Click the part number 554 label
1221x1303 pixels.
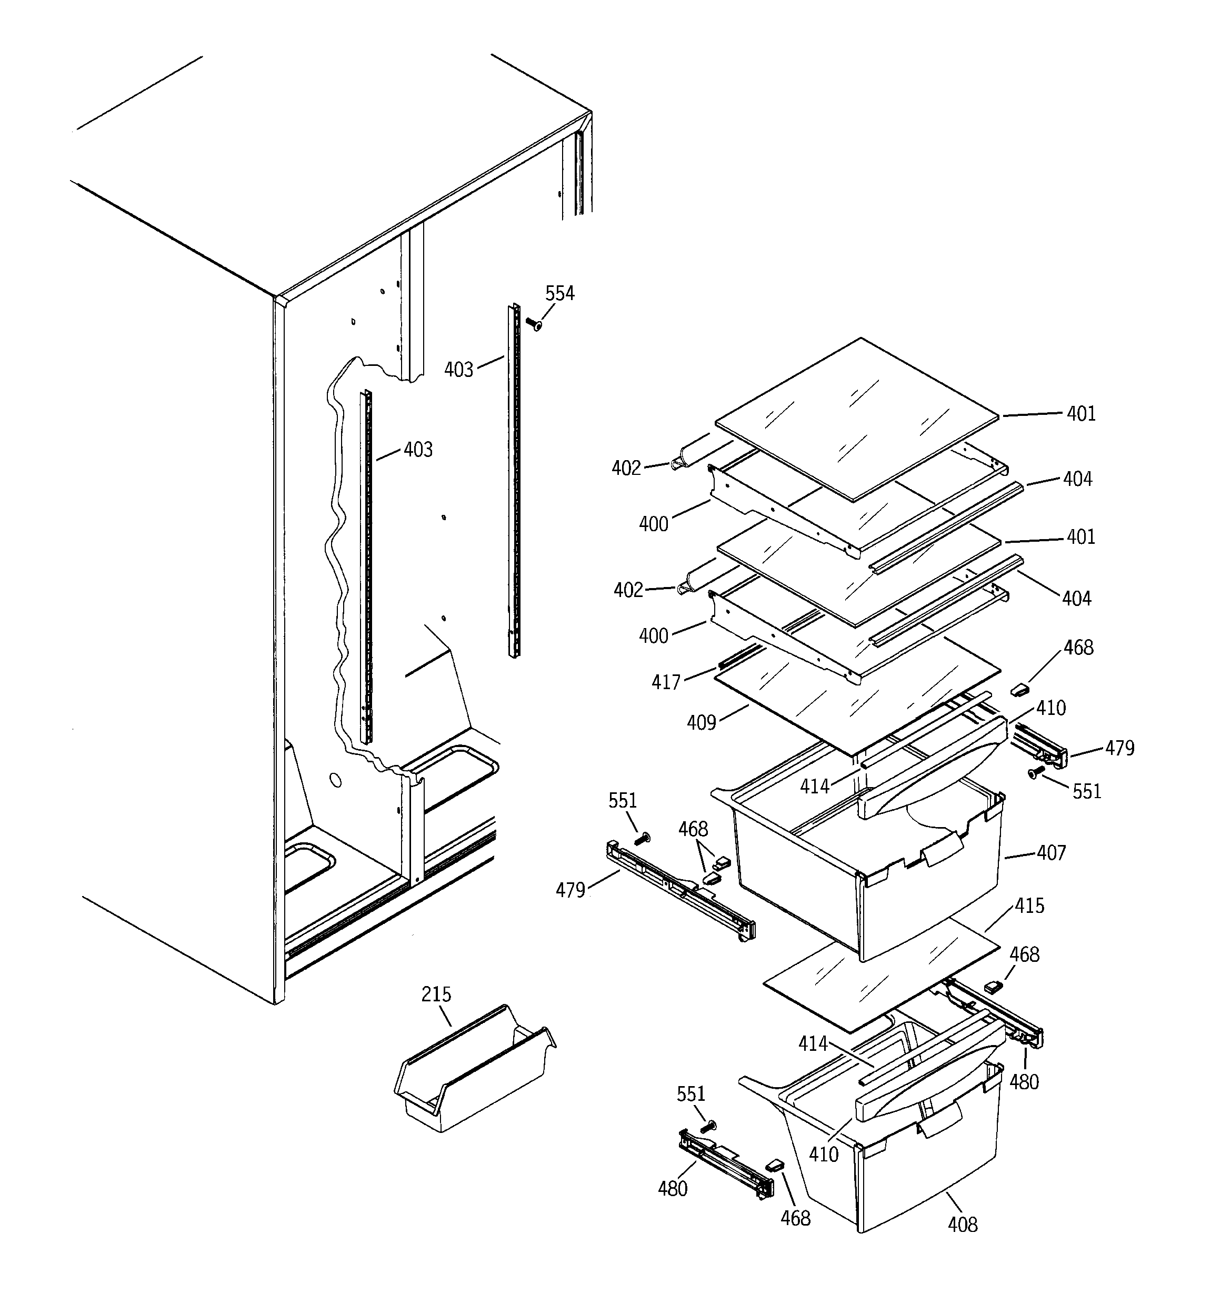click(559, 294)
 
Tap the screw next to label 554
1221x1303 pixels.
click(535, 324)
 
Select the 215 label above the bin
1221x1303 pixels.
click(436, 994)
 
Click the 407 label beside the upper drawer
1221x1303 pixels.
click(1051, 853)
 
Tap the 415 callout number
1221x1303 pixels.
click(1029, 906)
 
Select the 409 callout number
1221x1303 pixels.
click(701, 722)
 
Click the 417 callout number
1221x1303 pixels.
click(666, 682)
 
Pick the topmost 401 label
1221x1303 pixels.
click(1081, 414)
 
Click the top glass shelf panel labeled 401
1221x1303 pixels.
click(858, 420)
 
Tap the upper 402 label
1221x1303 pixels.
click(626, 468)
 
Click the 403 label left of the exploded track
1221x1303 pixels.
click(458, 370)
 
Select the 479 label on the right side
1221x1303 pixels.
click(1119, 748)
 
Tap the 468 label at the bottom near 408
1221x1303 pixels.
click(795, 1218)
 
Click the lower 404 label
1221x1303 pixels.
click(1076, 599)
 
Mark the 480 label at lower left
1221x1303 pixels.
click(673, 1188)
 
